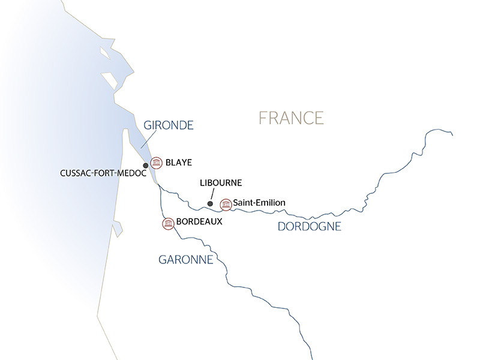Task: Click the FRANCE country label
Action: [x=291, y=118]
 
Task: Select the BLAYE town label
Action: [x=178, y=162]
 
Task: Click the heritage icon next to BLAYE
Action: [x=157, y=162]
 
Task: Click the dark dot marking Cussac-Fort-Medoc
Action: [x=145, y=165]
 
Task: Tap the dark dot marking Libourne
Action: [x=210, y=204]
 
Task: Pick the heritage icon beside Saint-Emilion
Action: [x=226, y=204]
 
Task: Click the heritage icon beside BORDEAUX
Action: [x=168, y=223]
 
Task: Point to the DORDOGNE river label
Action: [x=310, y=226]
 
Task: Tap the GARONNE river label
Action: [x=185, y=260]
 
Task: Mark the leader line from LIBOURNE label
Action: [x=212, y=196]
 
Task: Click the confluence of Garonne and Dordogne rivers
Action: [x=158, y=187]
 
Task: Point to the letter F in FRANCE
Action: [x=262, y=118]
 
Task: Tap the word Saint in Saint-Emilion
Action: [x=244, y=204]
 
